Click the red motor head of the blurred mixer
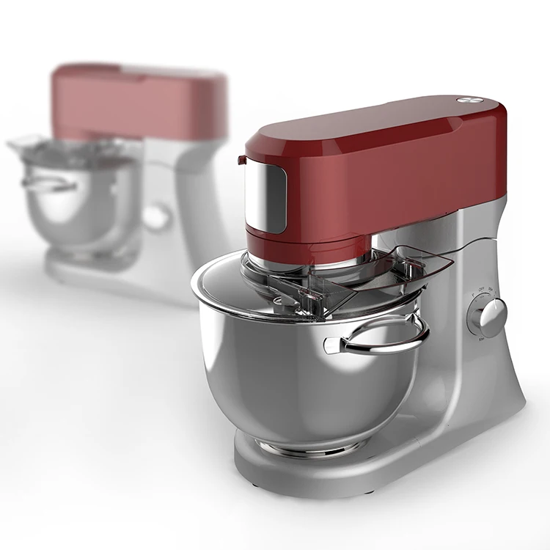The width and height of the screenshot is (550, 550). tap(139, 103)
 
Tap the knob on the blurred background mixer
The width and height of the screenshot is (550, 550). tap(157, 217)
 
